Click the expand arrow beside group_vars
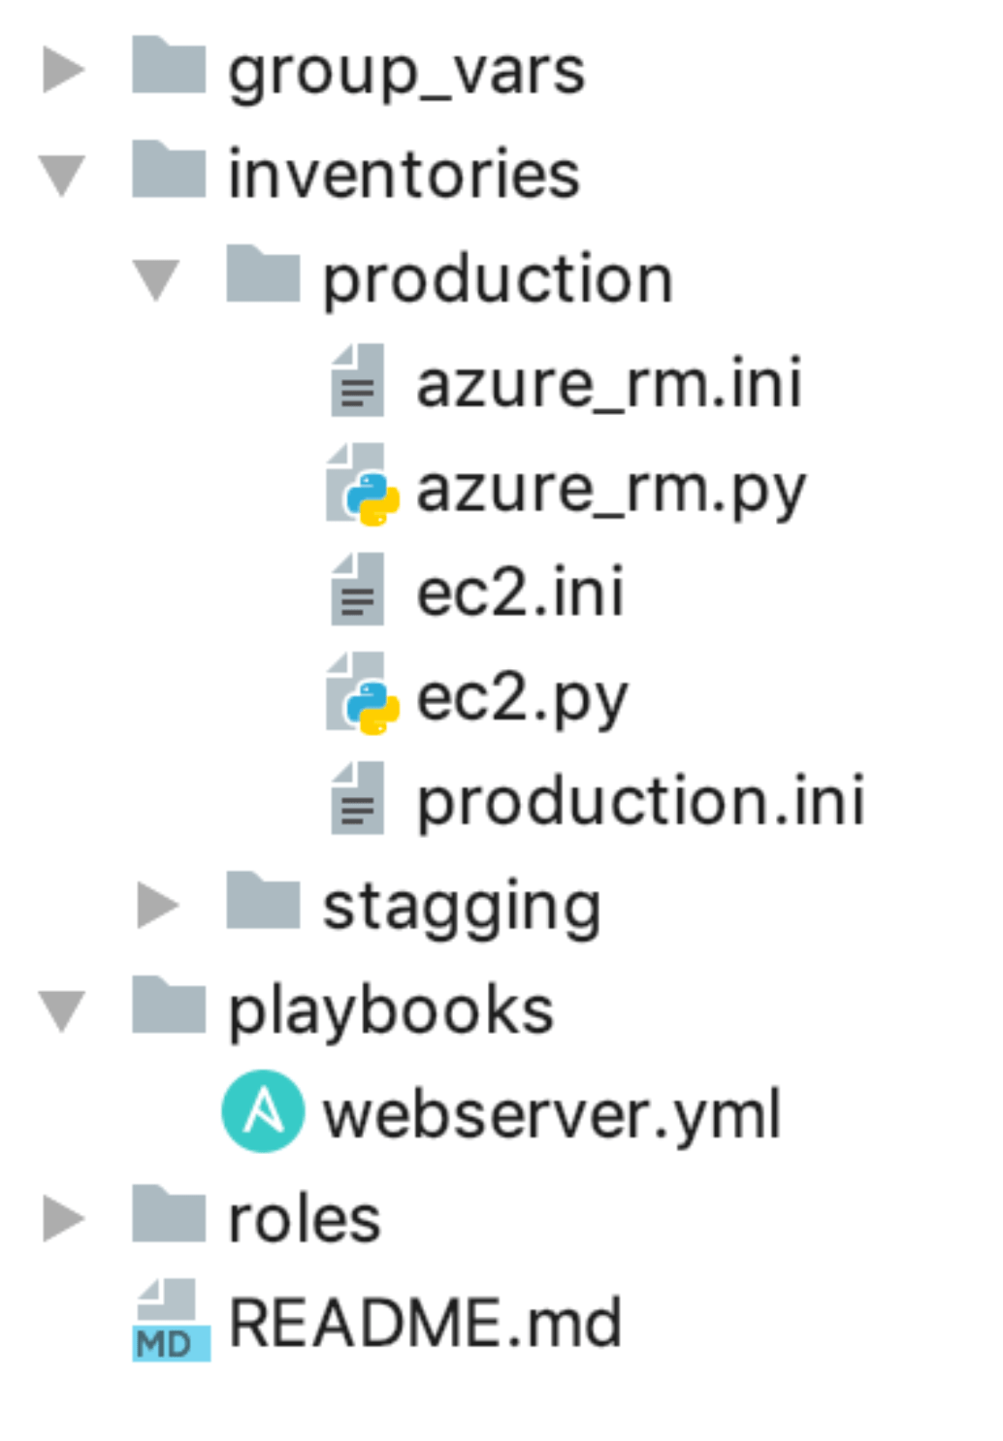click(x=63, y=71)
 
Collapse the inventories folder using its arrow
click(x=62, y=175)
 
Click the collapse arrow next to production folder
click(x=156, y=279)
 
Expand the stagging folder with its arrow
click(x=157, y=906)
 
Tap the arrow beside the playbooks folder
click(x=62, y=1010)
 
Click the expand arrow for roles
click(x=63, y=1219)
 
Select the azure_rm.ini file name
click(x=608, y=384)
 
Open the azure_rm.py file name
click(x=610, y=490)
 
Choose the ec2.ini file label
click(x=520, y=592)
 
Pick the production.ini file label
click(x=640, y=802)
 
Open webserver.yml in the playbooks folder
click(x=551, y=1115)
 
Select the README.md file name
click(x=425, y=1323)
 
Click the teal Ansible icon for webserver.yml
click(x=263, y=1111)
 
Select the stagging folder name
click(x=462, y=907)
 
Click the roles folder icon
click(x=169, y=1214)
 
